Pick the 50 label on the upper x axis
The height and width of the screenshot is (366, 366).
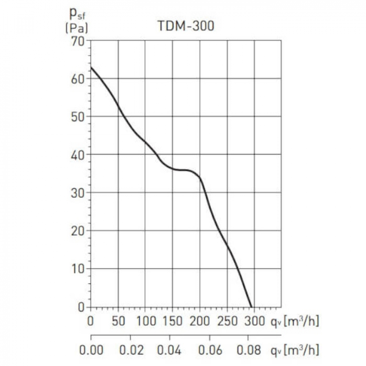118,321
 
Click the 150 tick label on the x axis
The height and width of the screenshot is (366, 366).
172,321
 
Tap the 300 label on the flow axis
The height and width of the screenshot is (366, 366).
254,321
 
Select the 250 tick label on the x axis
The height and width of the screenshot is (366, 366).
227,321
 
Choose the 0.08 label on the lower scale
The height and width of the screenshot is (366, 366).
250,350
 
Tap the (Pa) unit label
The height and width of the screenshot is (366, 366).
76,28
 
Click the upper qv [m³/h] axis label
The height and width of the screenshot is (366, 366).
294,321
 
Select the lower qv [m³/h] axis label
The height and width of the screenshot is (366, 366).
294,350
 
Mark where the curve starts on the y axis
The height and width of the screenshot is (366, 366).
91,67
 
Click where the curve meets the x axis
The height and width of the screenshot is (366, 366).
251,307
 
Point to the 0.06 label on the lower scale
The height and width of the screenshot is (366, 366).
210,350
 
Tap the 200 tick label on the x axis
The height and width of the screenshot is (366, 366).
200,321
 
